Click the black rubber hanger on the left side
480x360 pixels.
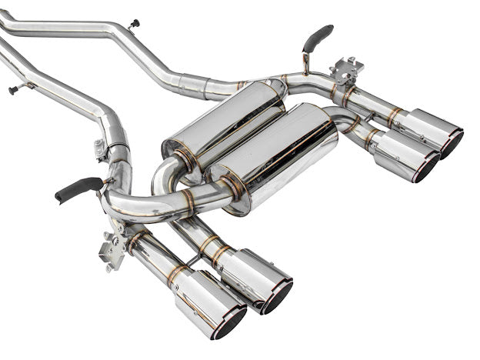77,188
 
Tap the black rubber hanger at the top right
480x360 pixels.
318,35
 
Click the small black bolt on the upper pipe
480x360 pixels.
134,23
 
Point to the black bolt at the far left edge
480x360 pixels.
13,90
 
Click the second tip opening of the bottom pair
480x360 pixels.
277,296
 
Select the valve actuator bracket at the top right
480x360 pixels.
348,68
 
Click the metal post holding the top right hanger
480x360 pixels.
305,62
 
